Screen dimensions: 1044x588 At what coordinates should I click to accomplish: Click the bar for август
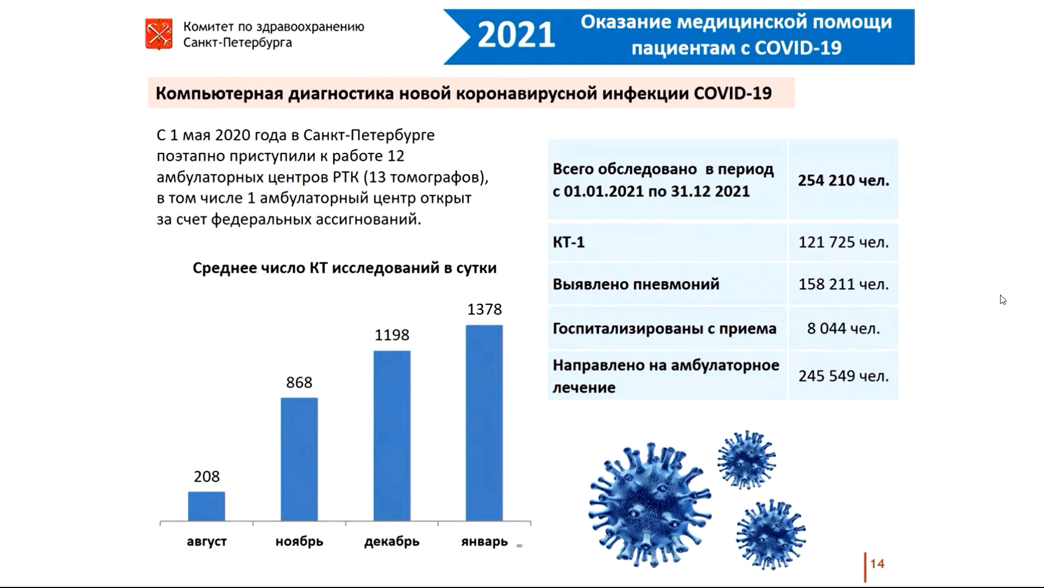207,506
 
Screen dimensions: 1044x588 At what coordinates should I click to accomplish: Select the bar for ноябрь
299,460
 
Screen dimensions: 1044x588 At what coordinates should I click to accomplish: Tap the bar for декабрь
392,436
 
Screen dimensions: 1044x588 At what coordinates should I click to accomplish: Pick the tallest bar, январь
484,423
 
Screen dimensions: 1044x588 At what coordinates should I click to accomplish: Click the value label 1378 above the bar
484,309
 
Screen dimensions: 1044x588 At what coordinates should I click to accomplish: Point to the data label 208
207,476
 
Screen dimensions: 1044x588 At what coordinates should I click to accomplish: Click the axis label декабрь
392,542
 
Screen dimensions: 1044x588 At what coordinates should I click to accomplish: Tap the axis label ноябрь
299,542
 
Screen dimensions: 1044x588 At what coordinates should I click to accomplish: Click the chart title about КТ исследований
345,268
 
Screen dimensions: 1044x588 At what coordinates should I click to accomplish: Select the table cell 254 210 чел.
843,180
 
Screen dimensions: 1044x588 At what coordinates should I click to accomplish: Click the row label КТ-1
569,242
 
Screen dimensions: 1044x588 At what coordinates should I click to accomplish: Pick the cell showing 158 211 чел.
843,284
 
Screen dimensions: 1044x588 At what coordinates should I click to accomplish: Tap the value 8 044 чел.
843,328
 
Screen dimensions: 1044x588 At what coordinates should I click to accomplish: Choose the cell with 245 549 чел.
843,376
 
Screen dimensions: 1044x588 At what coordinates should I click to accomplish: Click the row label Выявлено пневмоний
636,284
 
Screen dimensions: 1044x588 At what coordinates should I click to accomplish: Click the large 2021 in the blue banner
516,36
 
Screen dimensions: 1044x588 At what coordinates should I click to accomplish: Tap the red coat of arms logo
159,34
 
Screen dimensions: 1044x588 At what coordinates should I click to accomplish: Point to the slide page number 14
877,564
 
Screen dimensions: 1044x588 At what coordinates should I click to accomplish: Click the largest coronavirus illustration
650,504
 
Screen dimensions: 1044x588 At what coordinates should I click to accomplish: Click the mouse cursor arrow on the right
1003,300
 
